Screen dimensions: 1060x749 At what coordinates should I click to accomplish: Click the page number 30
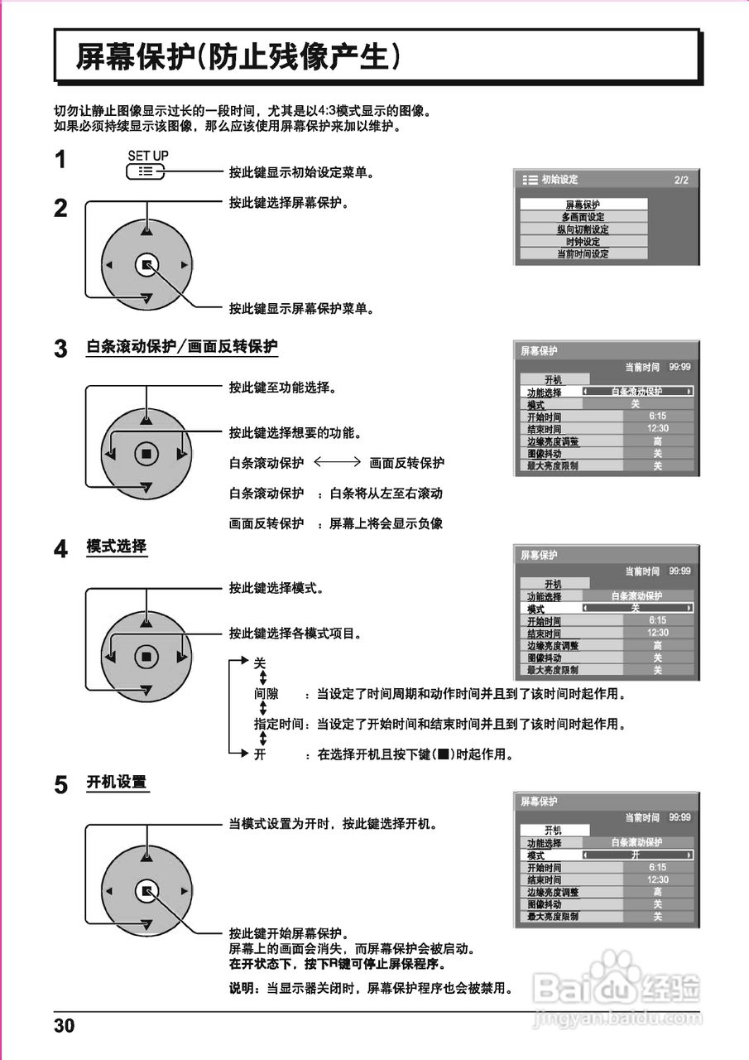point(65,1027)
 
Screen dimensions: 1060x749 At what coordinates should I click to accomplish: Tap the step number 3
point(60,349)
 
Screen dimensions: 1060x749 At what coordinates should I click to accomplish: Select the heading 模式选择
point(117,547)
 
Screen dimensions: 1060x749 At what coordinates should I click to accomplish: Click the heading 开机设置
point(117,782)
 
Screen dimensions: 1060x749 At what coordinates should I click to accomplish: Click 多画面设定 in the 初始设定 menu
point(583,217)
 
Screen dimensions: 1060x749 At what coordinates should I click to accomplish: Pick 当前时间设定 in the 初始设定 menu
point(583,254)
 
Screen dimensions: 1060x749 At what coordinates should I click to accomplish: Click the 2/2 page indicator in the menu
point(680,180)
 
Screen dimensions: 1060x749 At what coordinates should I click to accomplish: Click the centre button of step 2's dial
point(146,265)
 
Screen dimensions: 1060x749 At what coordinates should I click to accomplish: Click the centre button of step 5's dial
point(146,891)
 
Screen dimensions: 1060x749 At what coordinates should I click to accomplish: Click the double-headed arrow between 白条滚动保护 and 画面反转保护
point(337,463)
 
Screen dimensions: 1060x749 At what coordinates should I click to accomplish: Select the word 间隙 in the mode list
point(266,693)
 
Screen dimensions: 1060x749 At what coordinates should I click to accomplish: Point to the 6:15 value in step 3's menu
point(658,417)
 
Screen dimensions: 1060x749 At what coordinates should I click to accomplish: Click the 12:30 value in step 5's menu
point(658,879)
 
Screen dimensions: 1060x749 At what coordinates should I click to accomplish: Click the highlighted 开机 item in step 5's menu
point(554,830)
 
